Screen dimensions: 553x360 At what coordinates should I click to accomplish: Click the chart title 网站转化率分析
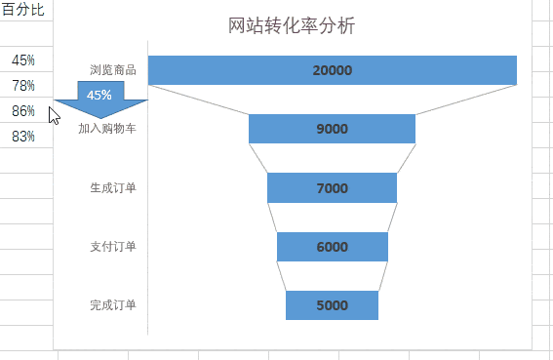292,26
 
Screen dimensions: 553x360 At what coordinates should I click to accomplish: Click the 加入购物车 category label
107,128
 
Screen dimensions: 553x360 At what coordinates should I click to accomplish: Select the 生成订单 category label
112,188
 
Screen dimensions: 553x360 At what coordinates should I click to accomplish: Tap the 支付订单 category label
112,247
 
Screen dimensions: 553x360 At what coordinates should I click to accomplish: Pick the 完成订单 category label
112,305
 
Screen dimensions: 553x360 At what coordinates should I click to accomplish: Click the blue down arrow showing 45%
99,98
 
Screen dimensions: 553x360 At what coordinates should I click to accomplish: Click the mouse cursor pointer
55,116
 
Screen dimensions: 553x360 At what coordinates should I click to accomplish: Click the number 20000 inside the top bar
333,70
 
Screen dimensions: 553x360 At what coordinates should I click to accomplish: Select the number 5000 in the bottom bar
332,305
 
